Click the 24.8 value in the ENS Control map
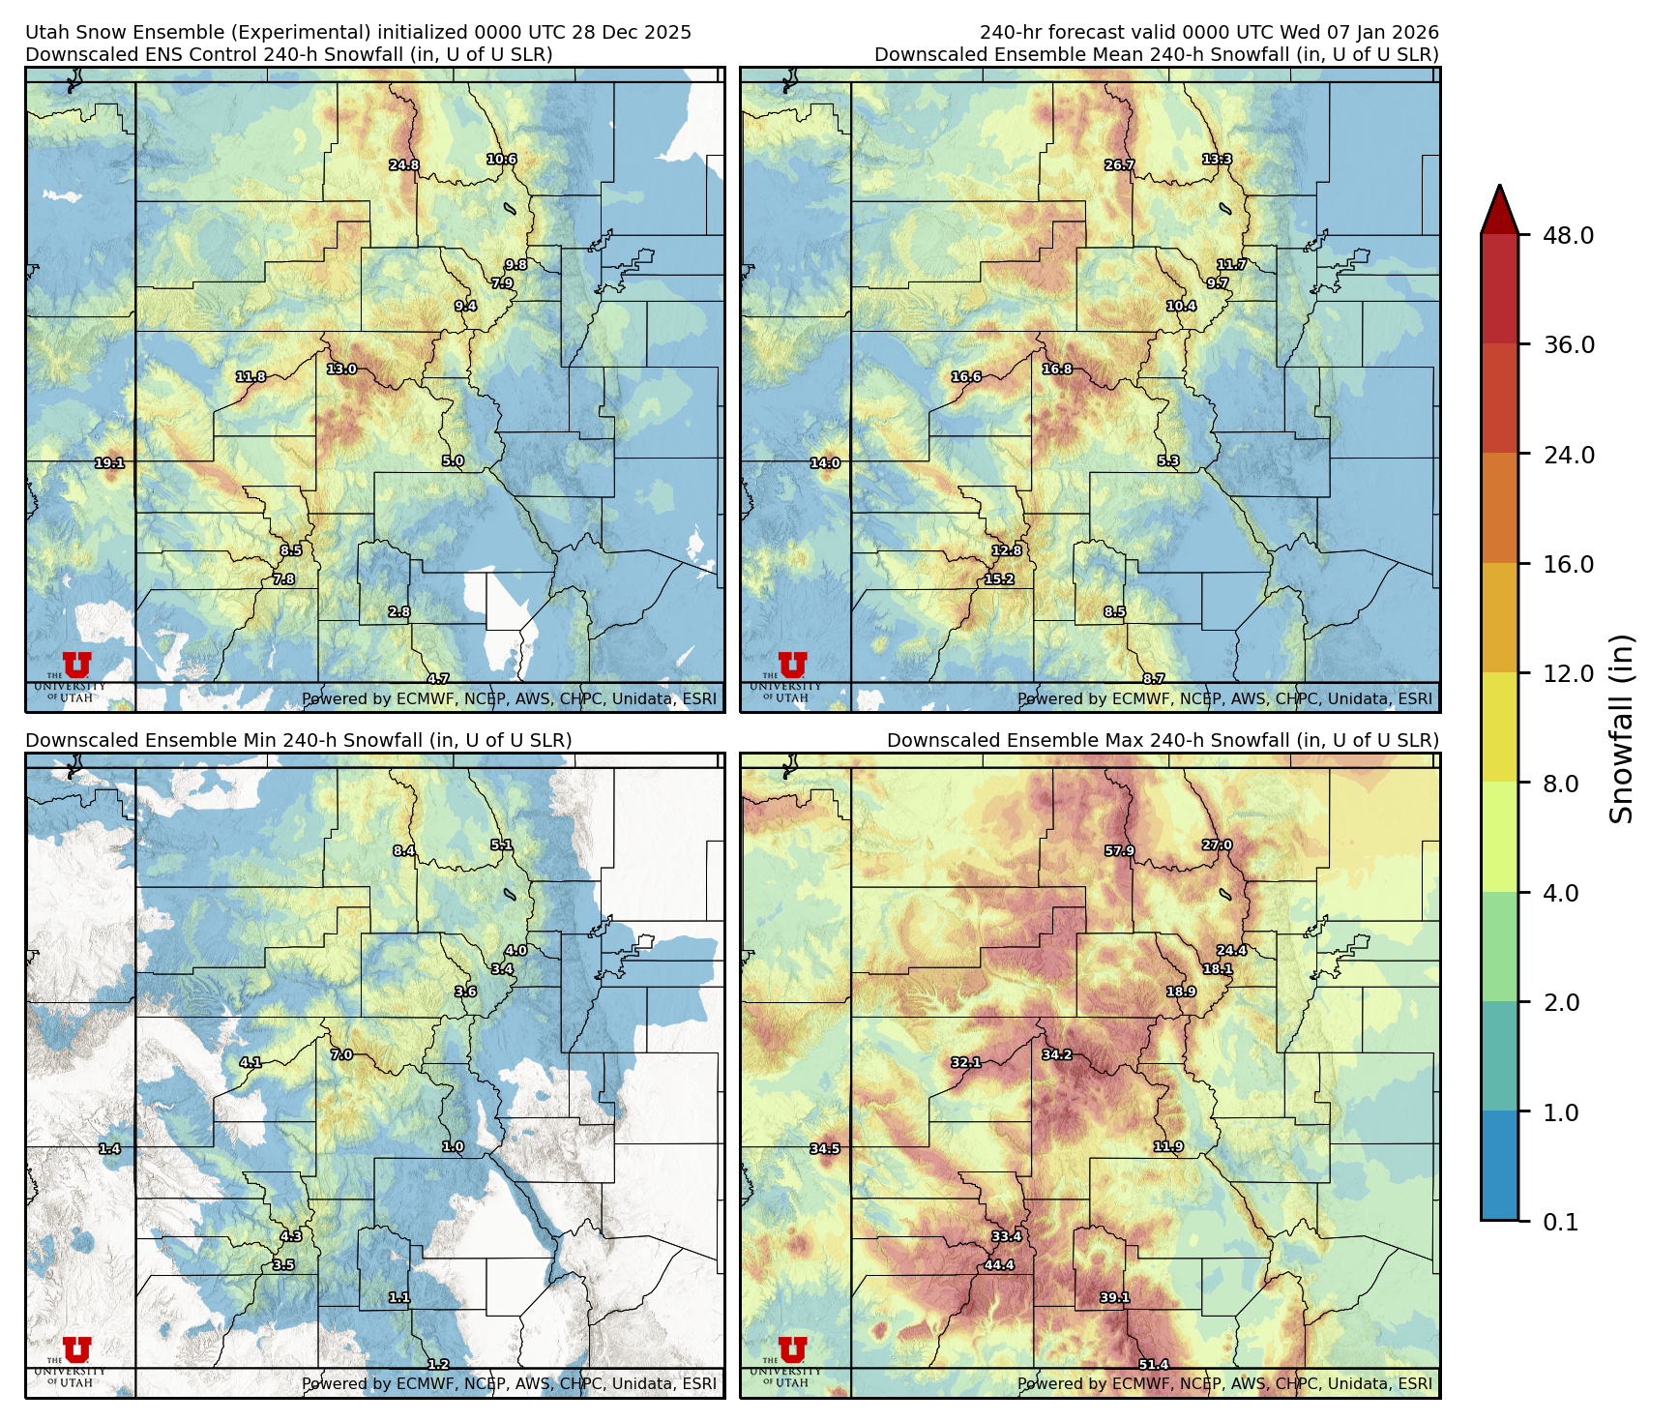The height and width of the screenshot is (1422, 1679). (404, 165)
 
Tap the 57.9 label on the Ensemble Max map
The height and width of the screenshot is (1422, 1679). (1119, 851)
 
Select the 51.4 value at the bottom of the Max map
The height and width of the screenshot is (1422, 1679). (1153, 1365)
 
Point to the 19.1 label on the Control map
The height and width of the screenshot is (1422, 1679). (109, 463)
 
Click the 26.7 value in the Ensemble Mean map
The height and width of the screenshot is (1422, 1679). (1119, 165)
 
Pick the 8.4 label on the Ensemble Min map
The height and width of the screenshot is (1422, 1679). (404, 851)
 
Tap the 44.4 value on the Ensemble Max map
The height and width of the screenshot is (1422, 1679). (999, 1265)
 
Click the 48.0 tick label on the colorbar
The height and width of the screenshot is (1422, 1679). (1568, 235)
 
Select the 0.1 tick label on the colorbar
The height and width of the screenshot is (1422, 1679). (1560, 1223)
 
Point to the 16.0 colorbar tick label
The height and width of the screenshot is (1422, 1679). (1568, 564)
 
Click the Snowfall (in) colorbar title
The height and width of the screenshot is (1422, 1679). (1622, 727)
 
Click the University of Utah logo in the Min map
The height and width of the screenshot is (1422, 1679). (75, 1357)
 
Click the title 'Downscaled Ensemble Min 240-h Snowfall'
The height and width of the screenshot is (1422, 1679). (298, 740)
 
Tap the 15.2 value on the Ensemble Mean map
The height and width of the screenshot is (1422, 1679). (999, 579)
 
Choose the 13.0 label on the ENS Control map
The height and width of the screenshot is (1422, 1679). (341, 370)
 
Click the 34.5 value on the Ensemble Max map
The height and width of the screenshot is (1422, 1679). (825, 1149)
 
